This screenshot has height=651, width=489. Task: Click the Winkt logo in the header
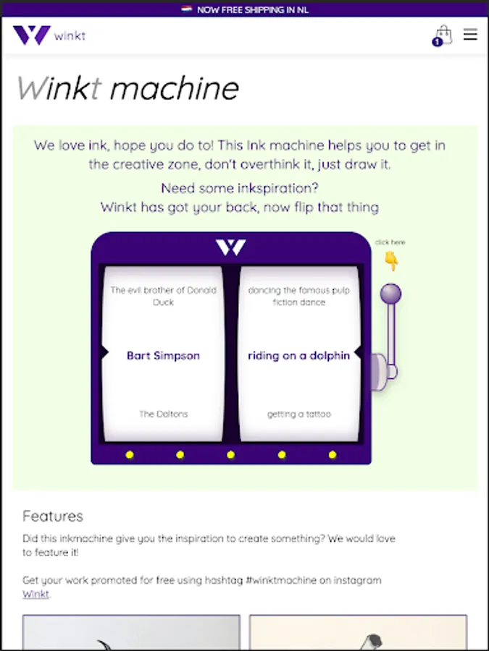(49, 35)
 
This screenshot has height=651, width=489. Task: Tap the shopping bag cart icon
(443, 35)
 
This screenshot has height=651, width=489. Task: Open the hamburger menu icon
(470, 35)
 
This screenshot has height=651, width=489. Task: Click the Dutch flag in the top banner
(187, 9)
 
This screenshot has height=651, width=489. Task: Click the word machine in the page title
(175, 88)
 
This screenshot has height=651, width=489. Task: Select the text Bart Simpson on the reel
(163, 356)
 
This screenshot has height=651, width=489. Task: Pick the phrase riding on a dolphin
(298, 356)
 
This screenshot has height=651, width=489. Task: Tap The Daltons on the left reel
(164, 414)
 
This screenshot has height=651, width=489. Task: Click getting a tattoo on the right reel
(299, 414)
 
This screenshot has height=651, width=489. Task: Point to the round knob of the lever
(390, 294)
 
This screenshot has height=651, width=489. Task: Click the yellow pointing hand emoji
(390, 260)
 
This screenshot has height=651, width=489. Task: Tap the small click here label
(390, 242)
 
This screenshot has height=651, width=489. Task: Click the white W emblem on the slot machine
(231, 247)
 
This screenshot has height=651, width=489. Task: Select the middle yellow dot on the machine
(231, 455)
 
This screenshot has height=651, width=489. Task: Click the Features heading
(53, 516)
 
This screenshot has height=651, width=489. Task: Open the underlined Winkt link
(35, 594)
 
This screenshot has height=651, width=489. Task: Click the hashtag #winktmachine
(281, 580)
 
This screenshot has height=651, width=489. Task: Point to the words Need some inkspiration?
(240, 188)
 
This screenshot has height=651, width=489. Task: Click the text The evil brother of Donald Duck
(164, 296)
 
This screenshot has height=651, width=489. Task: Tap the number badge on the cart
(437, 42)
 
